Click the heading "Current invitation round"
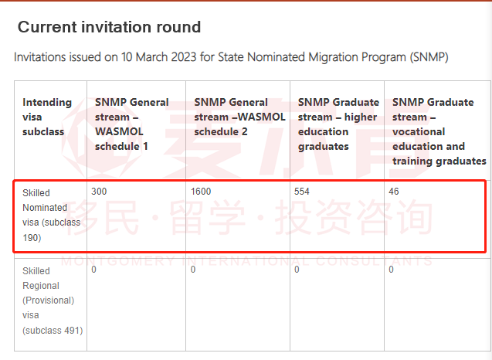tap(109, 27)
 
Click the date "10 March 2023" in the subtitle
tap(159, 57)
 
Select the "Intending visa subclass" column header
tap(47, 117)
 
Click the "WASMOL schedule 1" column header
tap(132, 124)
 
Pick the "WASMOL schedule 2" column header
tap(239, 117)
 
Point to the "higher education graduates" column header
tap(338, 124)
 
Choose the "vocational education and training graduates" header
tap(439, 131)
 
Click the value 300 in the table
tap(99, 192)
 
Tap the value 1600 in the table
tap(201, 192)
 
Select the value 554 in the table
tap(302, 192)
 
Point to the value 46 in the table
tap(394, 192)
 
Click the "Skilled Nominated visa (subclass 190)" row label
tap(52, 215)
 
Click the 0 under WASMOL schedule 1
tap(93, 270)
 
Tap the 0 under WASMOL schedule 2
tap(193, 270)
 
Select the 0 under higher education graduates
tap(297, 270)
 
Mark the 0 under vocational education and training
tap(392, 270)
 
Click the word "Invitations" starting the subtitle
tap(40, 57)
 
